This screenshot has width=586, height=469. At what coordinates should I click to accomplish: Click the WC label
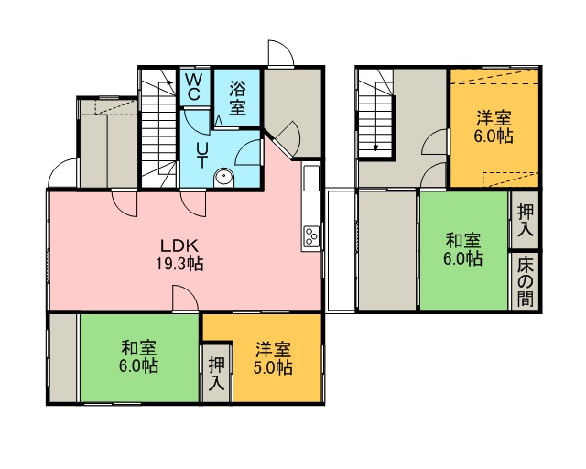coord(193,87)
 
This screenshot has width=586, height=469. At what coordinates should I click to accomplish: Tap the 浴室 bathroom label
coord(238,98)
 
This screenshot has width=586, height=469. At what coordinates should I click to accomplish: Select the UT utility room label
coord(202,156)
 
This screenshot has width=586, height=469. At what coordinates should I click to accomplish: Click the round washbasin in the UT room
coord(223,178)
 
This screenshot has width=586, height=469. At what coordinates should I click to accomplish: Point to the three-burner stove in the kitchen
coord(311,236)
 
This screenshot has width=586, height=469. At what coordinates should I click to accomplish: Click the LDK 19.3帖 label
coord(179,255)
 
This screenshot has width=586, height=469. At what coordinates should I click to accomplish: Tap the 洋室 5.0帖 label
coord(273,359)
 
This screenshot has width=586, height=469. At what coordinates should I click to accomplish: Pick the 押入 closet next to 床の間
coord(525,221)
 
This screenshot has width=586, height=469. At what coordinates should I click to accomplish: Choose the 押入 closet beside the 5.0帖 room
coord(217,373)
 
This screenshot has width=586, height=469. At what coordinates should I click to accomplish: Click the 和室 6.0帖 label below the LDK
coord(138,356)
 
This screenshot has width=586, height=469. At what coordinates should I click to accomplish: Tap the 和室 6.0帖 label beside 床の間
coord(463,249)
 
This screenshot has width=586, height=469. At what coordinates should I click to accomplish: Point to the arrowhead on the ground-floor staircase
coord(170,82)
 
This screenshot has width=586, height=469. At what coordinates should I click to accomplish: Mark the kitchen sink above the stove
coord(311,178)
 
